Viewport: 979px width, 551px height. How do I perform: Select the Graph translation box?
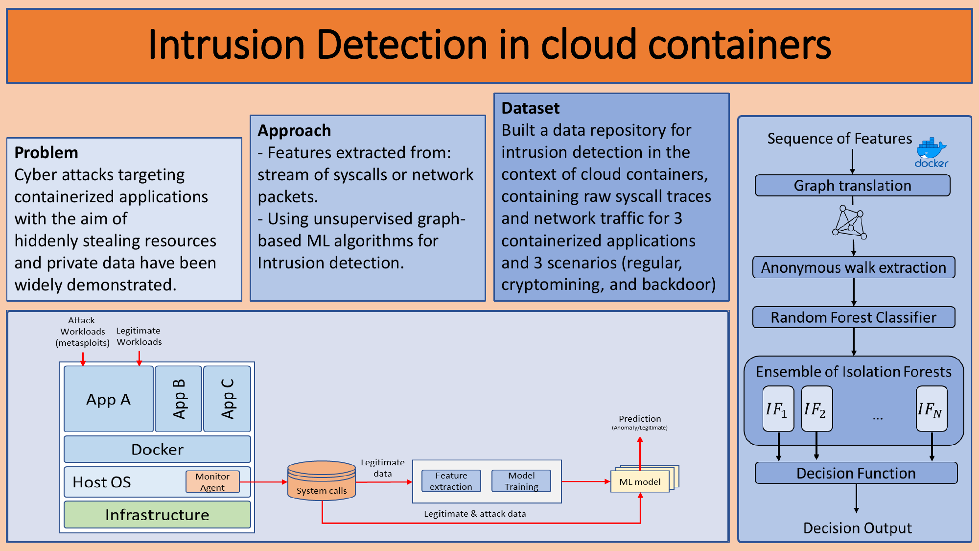coord(852,186)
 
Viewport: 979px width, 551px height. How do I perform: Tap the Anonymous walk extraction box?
coord(854,267)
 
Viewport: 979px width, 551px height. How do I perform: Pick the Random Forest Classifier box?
coord(854,317)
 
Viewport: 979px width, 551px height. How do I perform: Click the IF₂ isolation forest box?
coord(816,409)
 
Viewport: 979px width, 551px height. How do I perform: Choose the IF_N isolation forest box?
coord(932,409)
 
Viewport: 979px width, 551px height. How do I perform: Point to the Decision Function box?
coord(856,473)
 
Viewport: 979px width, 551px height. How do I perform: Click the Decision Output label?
coord(858,528)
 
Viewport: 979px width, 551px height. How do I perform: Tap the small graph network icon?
coord(850,223)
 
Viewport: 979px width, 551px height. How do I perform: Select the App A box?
coord(109,399)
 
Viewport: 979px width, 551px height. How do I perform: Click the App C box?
coord(227,399)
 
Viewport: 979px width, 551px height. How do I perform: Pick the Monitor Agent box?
coord(212,482)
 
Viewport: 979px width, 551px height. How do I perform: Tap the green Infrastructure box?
coord(157,514)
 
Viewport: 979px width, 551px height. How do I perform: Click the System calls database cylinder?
coord(322,480)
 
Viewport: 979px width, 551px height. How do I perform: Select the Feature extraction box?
coord(451,481)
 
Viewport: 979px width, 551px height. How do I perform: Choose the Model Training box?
coord(521,481)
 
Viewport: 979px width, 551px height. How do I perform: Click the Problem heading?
coord(47,153)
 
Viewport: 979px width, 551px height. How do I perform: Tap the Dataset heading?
coord(531,108)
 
